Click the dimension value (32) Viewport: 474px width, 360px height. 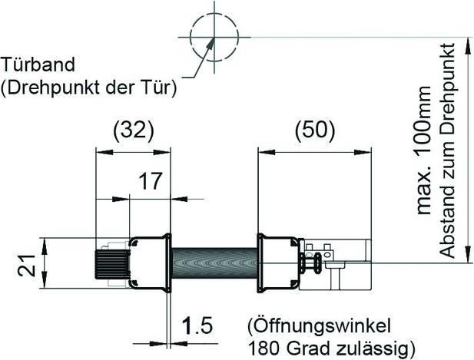[134, 130]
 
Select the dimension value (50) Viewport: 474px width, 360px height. [315, 130]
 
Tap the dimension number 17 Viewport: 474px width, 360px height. [151, 182]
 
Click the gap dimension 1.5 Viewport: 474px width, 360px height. [197, 326]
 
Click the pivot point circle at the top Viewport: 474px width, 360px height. [210, 35]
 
